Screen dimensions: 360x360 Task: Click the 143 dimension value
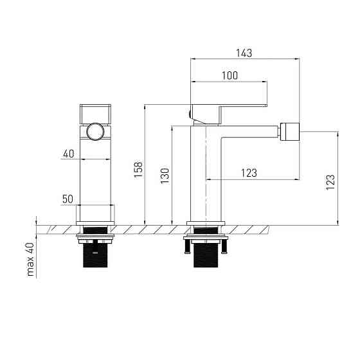(x=244, y=53)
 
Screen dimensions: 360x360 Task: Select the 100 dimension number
(x=230, y=76)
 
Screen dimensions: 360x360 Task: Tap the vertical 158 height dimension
(x=138, y=170)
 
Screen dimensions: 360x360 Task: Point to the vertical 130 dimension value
(x=165, y=176)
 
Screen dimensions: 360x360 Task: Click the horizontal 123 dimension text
(x=249, y=173)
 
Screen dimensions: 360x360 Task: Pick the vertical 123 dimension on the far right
(x=330, y=183)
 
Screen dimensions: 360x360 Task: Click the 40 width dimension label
(x=69, y=154)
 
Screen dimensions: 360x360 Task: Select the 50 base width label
(x=67, y=199)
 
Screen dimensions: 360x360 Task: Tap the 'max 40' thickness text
(x=30, y=259)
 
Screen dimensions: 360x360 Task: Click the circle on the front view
(x=95, y=132)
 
